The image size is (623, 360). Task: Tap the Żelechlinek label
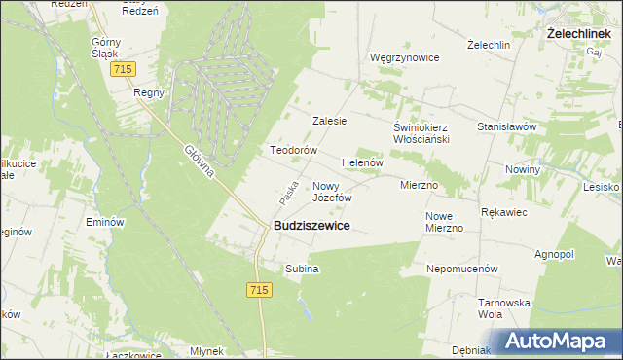578,33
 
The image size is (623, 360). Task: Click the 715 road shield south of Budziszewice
258,290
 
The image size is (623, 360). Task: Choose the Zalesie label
329,121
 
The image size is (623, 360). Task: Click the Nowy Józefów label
331,191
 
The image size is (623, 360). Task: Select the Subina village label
302,268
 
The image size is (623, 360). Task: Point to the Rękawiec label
504,210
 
